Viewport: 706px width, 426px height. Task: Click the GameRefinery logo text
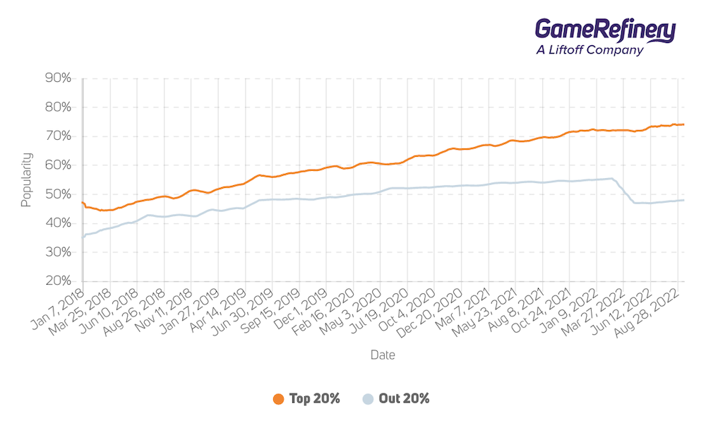click(605, 30)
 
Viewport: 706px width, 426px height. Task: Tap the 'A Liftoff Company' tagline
click(590, 50)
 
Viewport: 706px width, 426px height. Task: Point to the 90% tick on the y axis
click(58, 78)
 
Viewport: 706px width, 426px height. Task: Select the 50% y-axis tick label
click(58, 194)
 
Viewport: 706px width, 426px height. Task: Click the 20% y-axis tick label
click(58, 281)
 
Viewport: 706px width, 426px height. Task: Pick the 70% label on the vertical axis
click(58, 136)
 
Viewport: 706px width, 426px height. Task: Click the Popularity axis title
click(26, 179)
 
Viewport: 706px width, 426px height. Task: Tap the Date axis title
click(383, 355)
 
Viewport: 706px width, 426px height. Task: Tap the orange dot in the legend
click(278, 399)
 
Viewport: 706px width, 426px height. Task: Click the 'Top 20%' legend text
click(314, 399)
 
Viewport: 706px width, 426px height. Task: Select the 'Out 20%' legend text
click(405, 399)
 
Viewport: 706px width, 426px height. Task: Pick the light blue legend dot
click(368, 399)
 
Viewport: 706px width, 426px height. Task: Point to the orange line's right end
click(683, 124)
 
